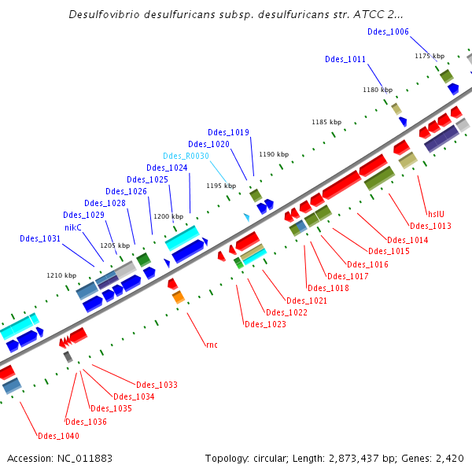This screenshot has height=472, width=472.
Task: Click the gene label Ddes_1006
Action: (388, 31)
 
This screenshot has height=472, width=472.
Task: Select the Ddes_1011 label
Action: (345, 59)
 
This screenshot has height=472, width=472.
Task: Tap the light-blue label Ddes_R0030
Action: (186, 156)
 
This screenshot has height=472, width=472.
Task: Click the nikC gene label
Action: (73, 227)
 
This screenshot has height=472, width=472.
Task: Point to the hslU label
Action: (435, 212)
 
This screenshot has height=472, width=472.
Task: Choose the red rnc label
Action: (211, 345)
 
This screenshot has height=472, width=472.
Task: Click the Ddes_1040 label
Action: (58, 435)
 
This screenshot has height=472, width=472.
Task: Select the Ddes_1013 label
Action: (430, 227)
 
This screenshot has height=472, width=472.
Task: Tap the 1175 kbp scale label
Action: (430, 56)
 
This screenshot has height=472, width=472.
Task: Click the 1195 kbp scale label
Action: (221, 186)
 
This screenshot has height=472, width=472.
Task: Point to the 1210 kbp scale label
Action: (61, 275)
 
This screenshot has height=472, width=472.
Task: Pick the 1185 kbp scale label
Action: (326, 122)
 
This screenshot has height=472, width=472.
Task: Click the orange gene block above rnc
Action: (179, 297)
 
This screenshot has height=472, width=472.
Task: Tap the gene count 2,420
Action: (448, 458)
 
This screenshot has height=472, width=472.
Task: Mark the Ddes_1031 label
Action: (40, 238)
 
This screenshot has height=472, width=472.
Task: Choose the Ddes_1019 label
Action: (228, 132)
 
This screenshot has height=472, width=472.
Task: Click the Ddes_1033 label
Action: (157, 385)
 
